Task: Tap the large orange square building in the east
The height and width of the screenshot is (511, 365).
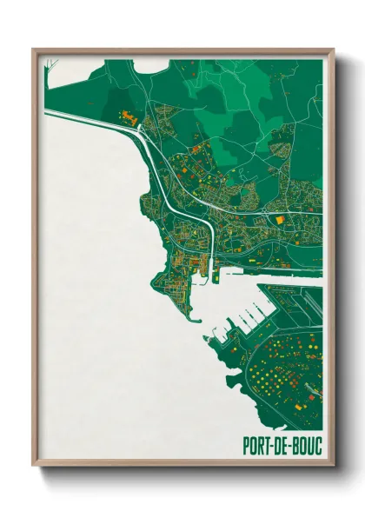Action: [x=280, y=221]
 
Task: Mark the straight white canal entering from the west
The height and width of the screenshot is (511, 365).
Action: [x=87, y=117]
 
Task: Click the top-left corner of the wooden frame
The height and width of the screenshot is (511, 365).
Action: [x=34, y=50]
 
